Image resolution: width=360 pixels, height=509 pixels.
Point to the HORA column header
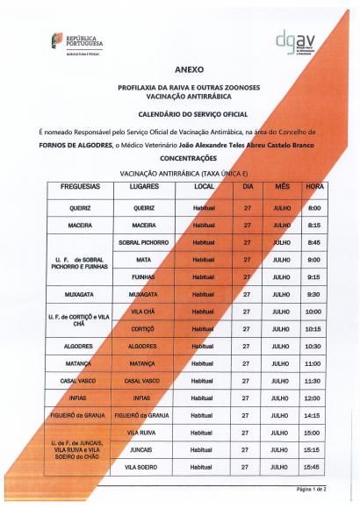(x=313, y=187)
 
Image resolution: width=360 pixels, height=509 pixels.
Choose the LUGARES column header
(x=143, y=187)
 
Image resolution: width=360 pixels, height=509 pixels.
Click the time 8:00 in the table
(x=313, y=208)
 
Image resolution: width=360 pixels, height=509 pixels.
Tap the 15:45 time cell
(x=313, y=467)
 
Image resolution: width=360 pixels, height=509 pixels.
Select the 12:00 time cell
(x=313, y=398)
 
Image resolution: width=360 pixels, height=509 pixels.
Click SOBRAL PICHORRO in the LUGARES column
(x=143, y=242)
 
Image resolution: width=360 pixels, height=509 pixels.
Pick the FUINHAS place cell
(x=143, y=276)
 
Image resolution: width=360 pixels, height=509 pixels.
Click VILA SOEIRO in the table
(x=143, y=467)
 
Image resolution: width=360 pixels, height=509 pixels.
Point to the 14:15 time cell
(x=313, y=415)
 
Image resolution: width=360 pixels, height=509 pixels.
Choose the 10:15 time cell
(x=313, y=328)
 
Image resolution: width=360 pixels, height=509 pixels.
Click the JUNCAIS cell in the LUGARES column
(x=143, y=449)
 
